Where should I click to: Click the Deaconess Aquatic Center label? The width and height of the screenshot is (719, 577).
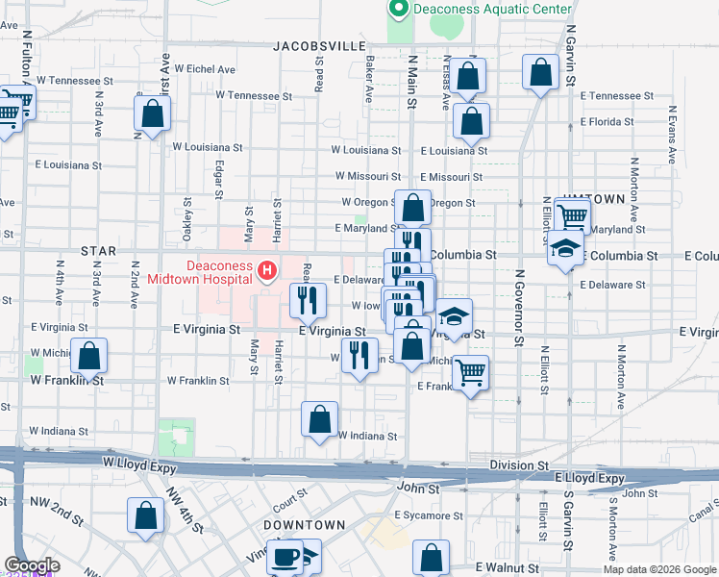click(491, 10)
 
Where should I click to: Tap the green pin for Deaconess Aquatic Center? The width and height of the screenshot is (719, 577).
click(398, 9)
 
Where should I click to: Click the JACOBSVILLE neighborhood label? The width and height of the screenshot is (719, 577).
click(319, 45)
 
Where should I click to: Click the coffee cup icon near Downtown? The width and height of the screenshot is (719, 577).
click(286, 557)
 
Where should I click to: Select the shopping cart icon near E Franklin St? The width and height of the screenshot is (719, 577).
click(470, 371)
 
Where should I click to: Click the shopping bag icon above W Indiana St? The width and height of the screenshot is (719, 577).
click(319, 419)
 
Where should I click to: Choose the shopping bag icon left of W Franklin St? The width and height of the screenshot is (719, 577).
click(88, 358)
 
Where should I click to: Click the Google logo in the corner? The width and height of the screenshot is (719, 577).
click(31, 565)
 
